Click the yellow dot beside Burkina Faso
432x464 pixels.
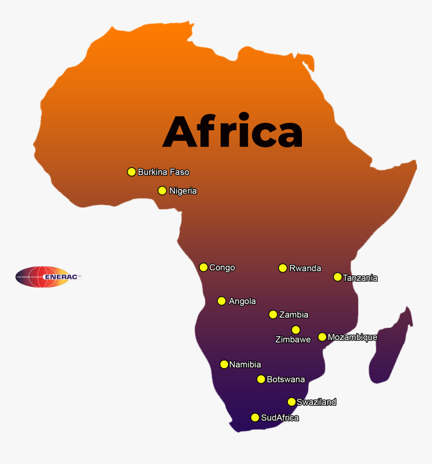click(x=132, y=172)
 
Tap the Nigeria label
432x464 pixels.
click(x=183, y=191)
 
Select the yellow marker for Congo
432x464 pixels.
click(x=203, y=267)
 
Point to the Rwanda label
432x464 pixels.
click(x=305, y=268)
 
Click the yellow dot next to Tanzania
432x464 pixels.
click(x=338, y=277)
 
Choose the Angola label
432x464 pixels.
click(x=242, y=301)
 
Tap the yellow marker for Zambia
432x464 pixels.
click(x=273, y=315)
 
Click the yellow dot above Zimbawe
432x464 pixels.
click(x=296, y=330)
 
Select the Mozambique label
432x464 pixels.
click(x=352, y=337)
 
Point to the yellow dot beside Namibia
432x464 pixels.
click(x=224, y=364)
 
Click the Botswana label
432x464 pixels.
click(x=285, y=379)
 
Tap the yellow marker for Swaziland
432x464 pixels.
click(x=291, y=402)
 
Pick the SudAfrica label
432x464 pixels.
click(x=280, y=417)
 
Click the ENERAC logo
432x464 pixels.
click(x=48, y=276)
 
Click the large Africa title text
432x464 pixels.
click(x=233, y=132)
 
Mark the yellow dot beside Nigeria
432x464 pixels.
click(x=162, y=191)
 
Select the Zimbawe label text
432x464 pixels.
click(x=293, y=340)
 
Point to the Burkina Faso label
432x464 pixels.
click(x=163, y=172)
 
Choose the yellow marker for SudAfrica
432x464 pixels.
click(x=255, y=417)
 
